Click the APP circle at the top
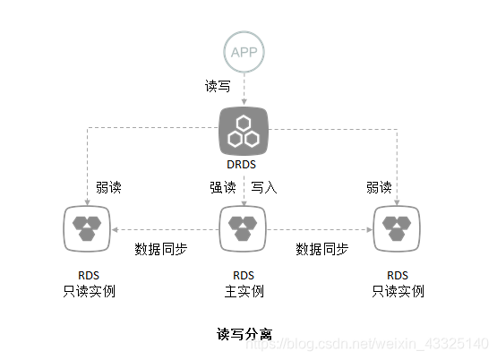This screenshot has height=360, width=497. (244, 51)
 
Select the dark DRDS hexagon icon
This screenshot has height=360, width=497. (244, 131)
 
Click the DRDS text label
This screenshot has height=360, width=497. (244, 165)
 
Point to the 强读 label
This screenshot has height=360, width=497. (222, 188)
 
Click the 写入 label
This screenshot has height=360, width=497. (263, 188)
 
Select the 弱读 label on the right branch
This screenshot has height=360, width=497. (379, 188)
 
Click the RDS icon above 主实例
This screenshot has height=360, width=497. (244, 227)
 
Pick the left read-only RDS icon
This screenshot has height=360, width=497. (87, 227)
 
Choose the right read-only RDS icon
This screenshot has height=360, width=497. (398, 227)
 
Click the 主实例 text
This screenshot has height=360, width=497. (244, 291)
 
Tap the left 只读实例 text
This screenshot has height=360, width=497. (89, 291)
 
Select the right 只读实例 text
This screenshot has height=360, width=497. (398, 291)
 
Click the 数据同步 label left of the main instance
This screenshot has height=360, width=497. (161, 248)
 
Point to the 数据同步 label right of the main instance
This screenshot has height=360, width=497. (322, 248)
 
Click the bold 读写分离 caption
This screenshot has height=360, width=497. (244, 334)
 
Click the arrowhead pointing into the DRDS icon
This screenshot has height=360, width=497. (244, 101)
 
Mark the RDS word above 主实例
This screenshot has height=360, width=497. (244, 275)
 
